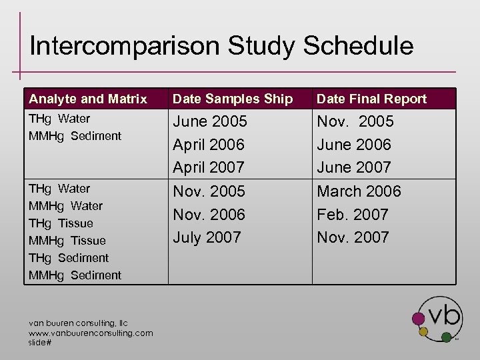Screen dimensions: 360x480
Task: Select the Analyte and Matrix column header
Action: pos(87,99)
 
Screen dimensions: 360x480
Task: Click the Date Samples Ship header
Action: pos(233,99)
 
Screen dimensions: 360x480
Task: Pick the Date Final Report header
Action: pos(371,99)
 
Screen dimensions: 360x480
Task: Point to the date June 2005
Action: pos(210,121)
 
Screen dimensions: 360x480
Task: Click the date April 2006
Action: pos(209,145)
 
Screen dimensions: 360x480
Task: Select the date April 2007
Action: pos(209,167)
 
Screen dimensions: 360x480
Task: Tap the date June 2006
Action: pos(354,145)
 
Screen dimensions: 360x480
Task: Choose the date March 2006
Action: pos(359,191)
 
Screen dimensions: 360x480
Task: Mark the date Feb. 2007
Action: pos(353,215)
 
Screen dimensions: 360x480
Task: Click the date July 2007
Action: pos(207,237)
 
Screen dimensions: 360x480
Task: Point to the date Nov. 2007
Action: pos(353,237)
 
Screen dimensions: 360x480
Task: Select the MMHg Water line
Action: pos(65,206)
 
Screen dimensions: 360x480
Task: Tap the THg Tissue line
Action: pos(61,223)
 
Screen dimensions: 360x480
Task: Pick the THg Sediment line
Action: pos(69,258)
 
